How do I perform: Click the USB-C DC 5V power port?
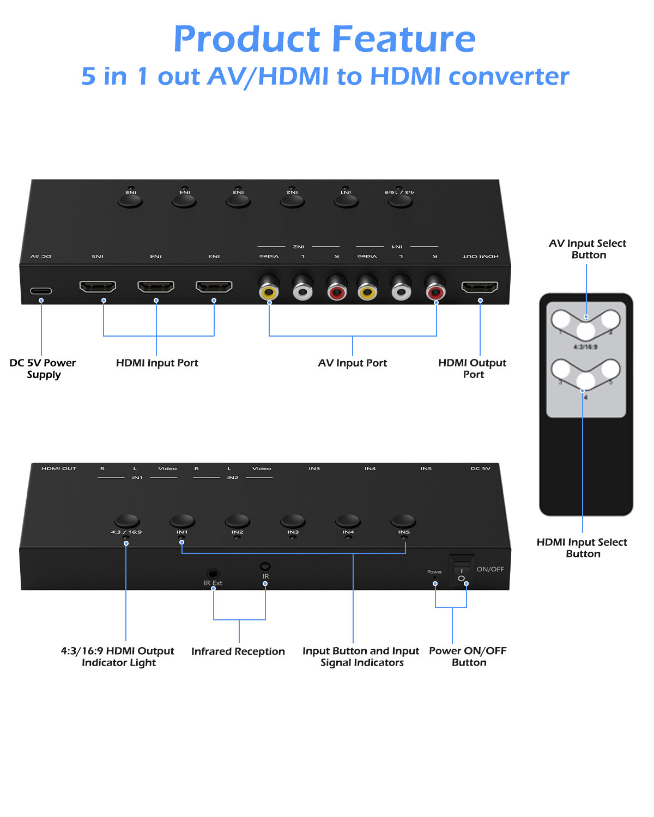tap(41, 291)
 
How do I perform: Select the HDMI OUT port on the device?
tap(480, 286)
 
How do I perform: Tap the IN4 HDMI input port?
tap(156, 286)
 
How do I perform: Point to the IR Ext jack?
tap(213, 574)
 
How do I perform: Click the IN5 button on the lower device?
tap(403, 521)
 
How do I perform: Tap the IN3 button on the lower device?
tap(293, 521)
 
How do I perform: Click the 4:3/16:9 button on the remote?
tap(585, 331)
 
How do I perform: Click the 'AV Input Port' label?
tap(352, 363)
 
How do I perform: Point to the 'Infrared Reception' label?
tap(238, 651)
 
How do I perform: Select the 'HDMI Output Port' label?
tap(472, 368)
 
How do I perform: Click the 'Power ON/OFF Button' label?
tap(468, 656)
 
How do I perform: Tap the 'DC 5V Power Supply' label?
tap(43, 368)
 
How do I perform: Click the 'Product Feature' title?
tap(325, 39)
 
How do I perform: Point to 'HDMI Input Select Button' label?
tap(582, 547)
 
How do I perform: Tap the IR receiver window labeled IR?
tap(265, 566)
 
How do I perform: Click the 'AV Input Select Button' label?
tap(588, 249)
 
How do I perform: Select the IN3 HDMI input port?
tap(214, 286)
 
